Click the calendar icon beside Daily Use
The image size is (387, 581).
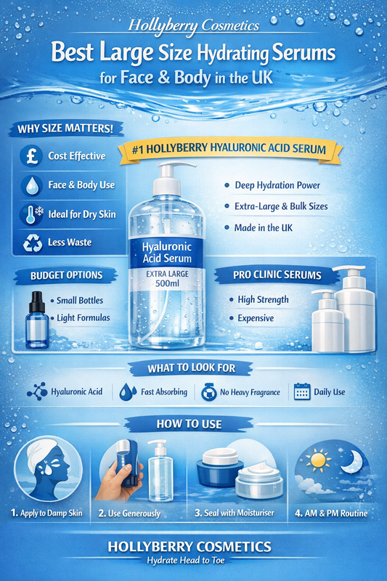(x=301, y=392)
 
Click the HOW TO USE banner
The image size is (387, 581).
(x=193, y=423)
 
